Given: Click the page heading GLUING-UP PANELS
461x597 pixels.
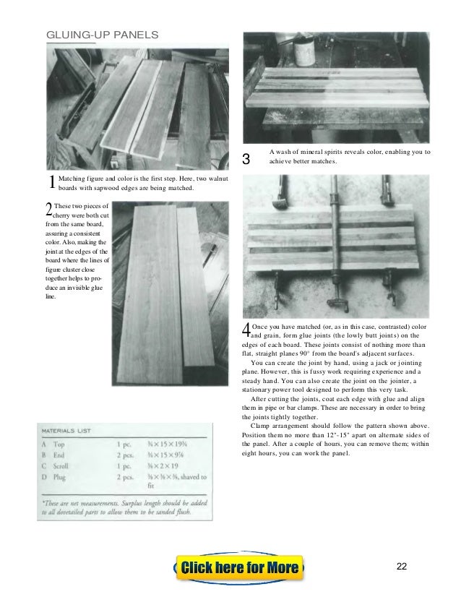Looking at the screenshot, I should tap(98, 35).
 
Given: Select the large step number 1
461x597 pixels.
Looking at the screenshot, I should tap(51, 181).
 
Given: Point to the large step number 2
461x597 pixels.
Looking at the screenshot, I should tap(48, 210).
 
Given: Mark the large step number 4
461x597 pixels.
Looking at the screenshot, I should tap(245, 330).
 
